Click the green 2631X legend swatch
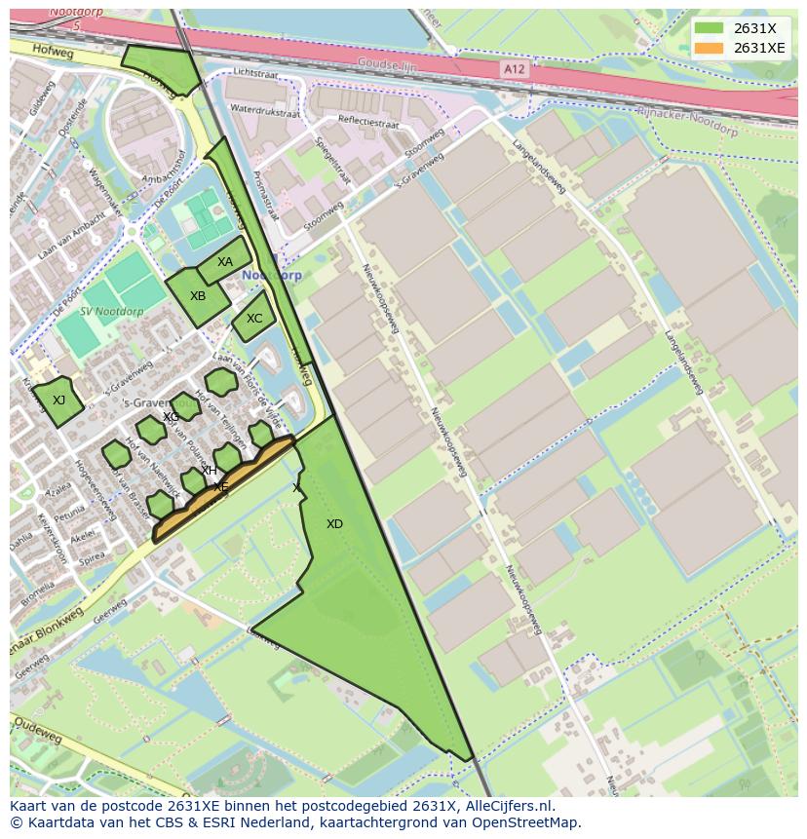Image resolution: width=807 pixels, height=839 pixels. [710, 28]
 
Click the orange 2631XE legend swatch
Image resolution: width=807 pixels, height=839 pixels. [710, 48]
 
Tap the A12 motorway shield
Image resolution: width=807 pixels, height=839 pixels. [515, 68]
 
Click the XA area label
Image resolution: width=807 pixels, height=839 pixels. [225, 262]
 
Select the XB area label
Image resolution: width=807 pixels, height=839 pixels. [198, 296]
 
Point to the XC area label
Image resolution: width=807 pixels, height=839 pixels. [254, 319]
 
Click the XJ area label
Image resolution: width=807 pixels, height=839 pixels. [58, 400]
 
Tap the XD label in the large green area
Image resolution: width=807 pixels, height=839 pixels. [334, 524]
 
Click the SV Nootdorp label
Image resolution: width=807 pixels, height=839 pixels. [112, 312]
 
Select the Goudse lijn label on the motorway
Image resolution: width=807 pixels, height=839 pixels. [386, 62]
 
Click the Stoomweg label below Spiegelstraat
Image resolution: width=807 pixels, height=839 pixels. [322, 206]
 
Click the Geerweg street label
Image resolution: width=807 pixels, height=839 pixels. [109, 611]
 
